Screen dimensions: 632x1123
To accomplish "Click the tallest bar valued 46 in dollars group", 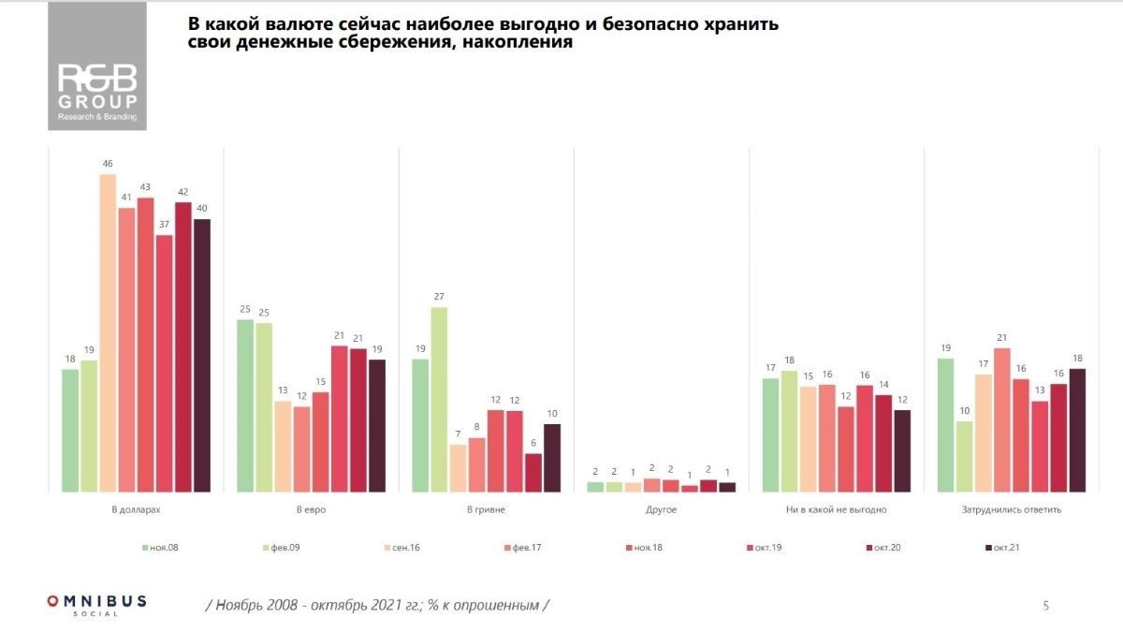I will coord(108,332).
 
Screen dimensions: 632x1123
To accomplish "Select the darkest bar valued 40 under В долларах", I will coord(202,356).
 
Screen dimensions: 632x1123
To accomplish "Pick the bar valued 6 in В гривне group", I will coord(533,473).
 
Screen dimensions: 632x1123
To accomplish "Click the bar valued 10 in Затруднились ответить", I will coord(964,457).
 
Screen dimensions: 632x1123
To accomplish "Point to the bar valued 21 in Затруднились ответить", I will coord(1002,419).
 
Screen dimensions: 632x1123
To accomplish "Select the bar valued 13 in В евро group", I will coord(283,447).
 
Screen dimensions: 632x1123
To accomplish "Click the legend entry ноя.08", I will coord(160,547).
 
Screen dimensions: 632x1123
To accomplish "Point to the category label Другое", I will coord(662,510).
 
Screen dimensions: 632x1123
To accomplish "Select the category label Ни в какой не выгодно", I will coord(837,510).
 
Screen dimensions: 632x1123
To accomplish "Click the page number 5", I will coord(1045,606).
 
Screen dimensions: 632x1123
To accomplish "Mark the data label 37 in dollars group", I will coord(164,224).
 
